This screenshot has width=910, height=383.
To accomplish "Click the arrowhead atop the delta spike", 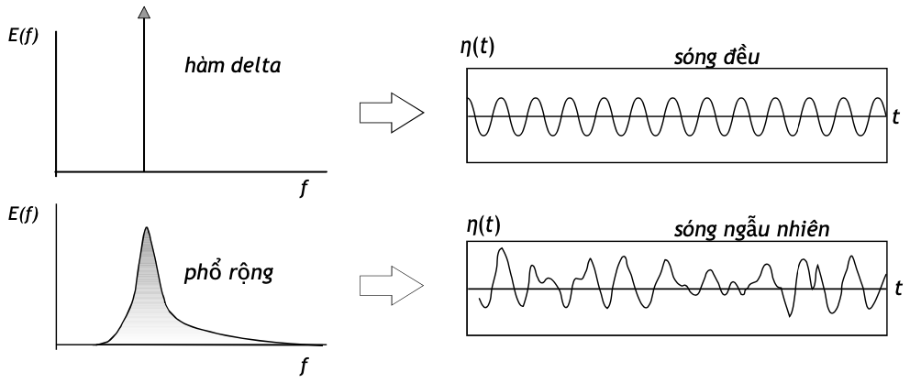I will click(x=143, y=12).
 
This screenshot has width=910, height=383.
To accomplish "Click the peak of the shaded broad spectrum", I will click(x=146, y=230).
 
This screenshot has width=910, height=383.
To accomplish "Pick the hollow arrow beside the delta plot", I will click(x=390, y=114).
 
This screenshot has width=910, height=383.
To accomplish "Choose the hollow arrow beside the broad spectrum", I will click(x=390, y=287).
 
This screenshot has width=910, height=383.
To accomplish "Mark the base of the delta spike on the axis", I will click(x=143, y=171).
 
